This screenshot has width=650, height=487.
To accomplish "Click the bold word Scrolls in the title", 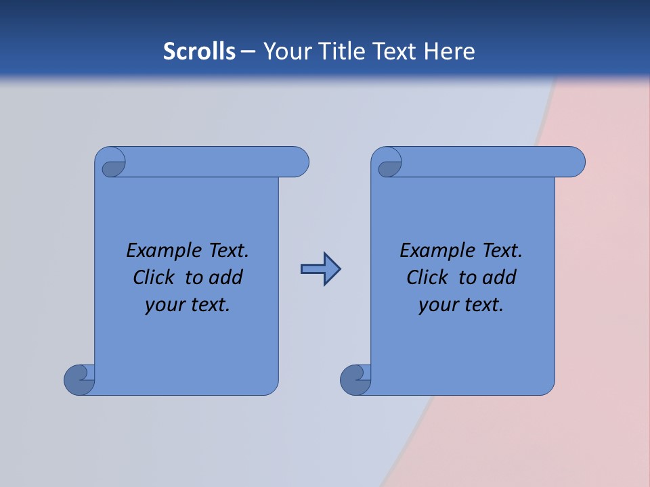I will point(199,51).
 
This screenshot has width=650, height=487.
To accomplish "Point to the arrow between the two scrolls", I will point(320,269).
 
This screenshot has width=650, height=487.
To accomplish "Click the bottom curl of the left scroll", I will point(80,379).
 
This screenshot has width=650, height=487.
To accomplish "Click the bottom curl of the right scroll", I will point(356,379).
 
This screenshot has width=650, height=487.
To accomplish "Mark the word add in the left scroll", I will point(226,277).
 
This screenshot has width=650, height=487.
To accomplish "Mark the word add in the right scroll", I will point(500,277).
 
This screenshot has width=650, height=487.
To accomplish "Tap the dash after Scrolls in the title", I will point(248,51).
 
